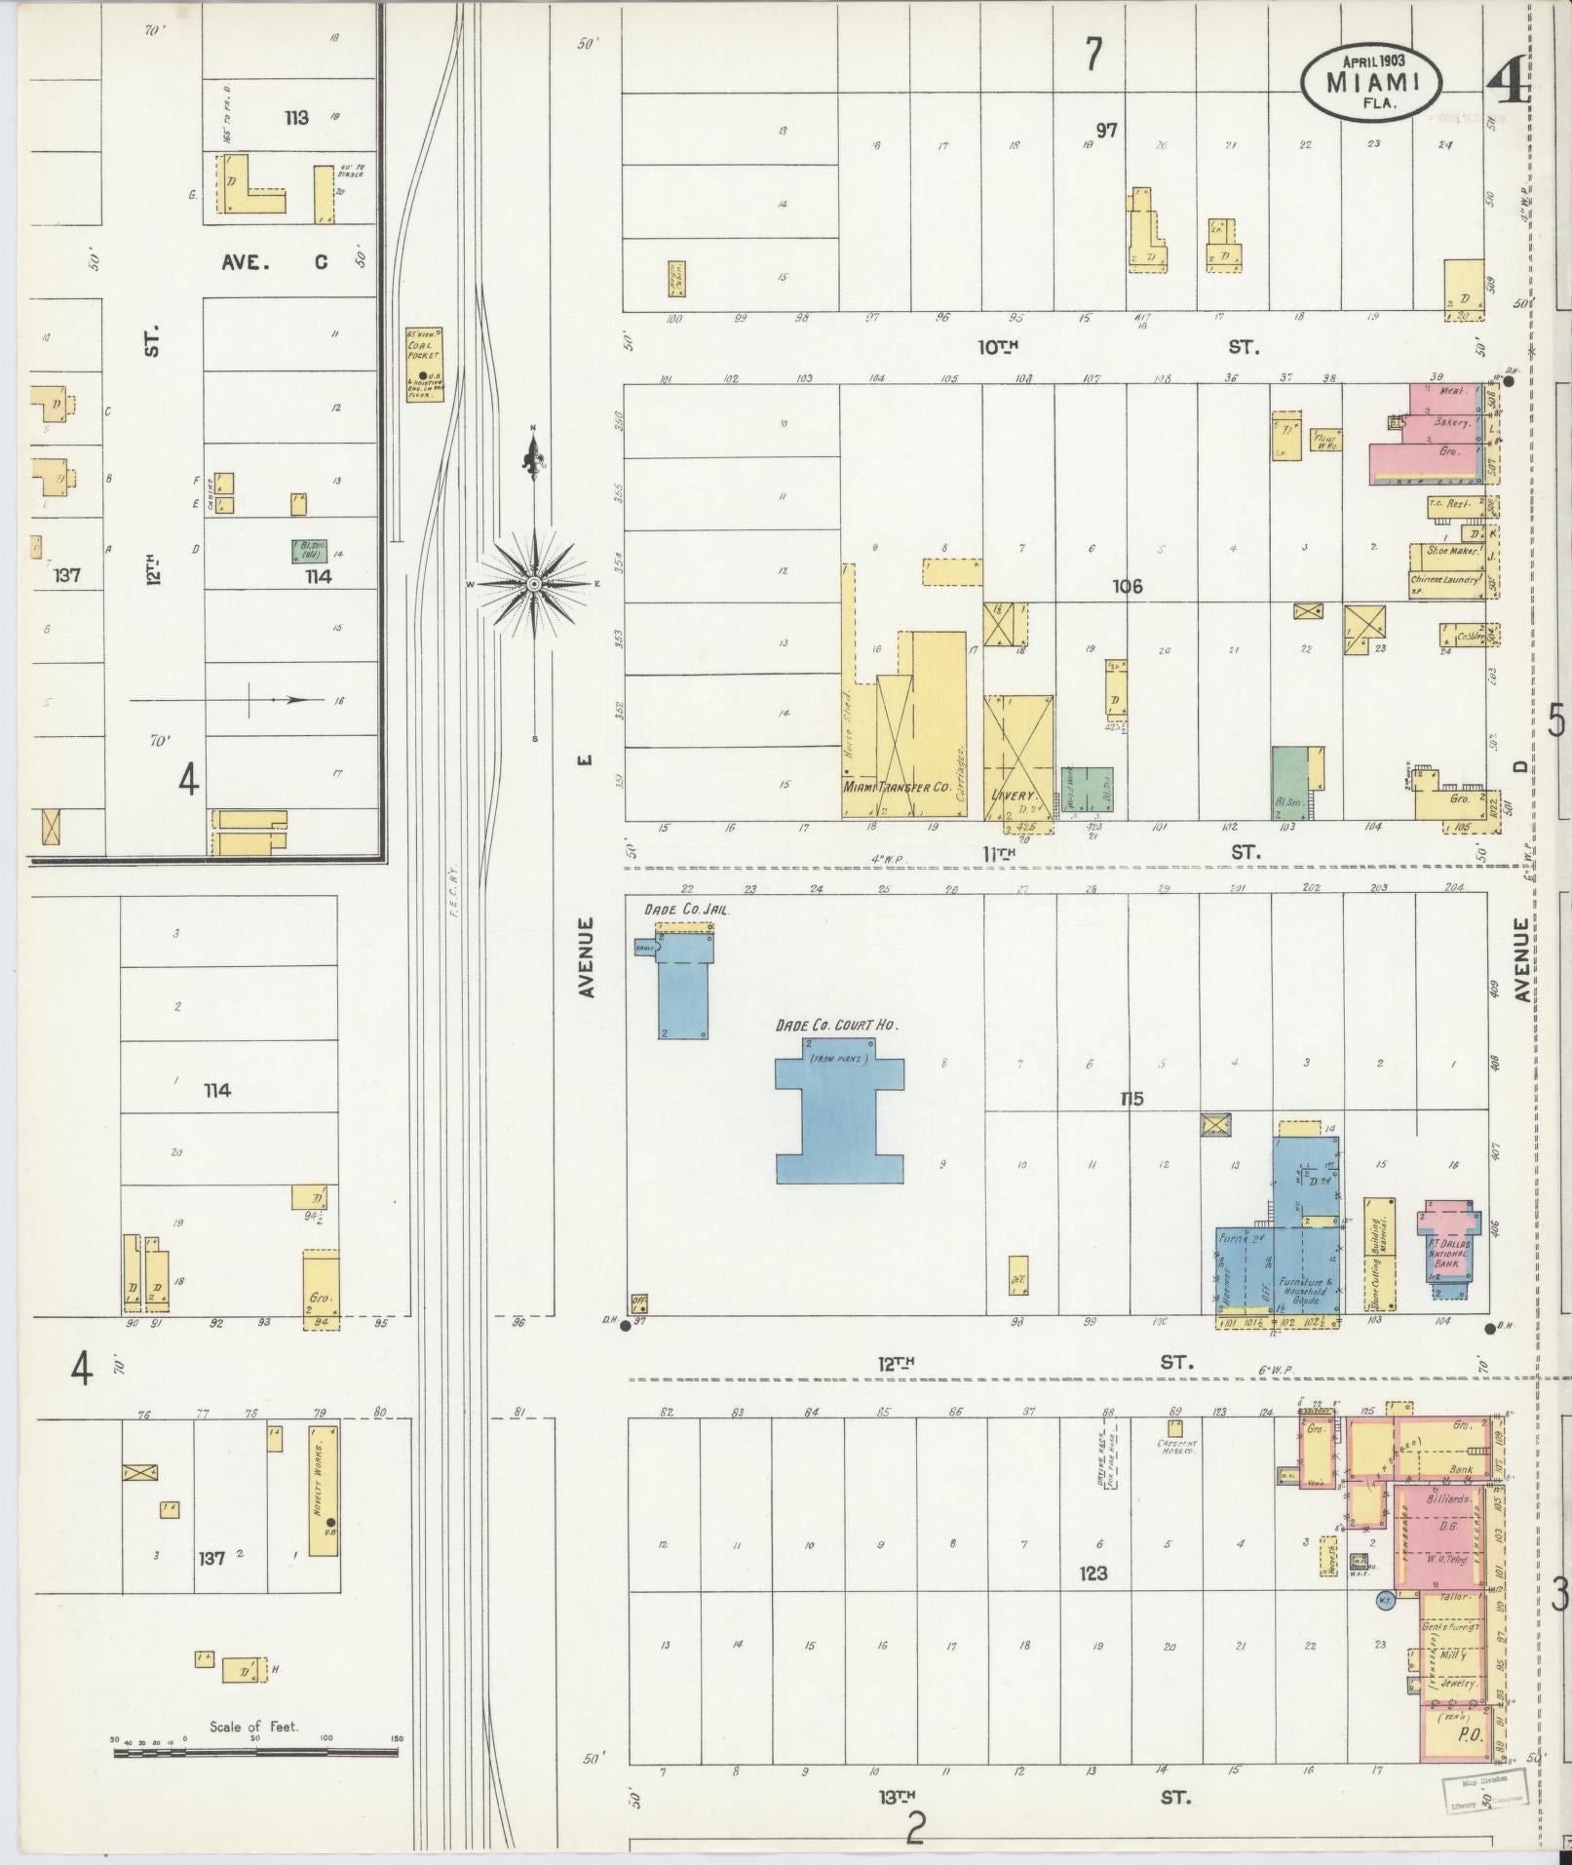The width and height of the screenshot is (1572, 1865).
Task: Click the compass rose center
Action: pyautogui.click(x=533, y=584)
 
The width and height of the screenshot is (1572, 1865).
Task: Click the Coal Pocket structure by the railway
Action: pyautogui.click(x=424, y=364)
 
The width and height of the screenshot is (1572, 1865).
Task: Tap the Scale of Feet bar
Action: pyautogui.click(x=255, y=1752)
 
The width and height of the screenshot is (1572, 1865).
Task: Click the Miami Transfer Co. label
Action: pyautogui.click(x=896, y=785)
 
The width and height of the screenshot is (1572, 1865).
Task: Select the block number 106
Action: pyautogui.click(x=1127, y=587)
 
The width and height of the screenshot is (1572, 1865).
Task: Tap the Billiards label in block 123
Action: pyautogui.click(x=1446, y=1499)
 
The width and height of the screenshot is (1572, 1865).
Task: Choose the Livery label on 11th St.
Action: pyautogui.click(x=1012, y=796)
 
